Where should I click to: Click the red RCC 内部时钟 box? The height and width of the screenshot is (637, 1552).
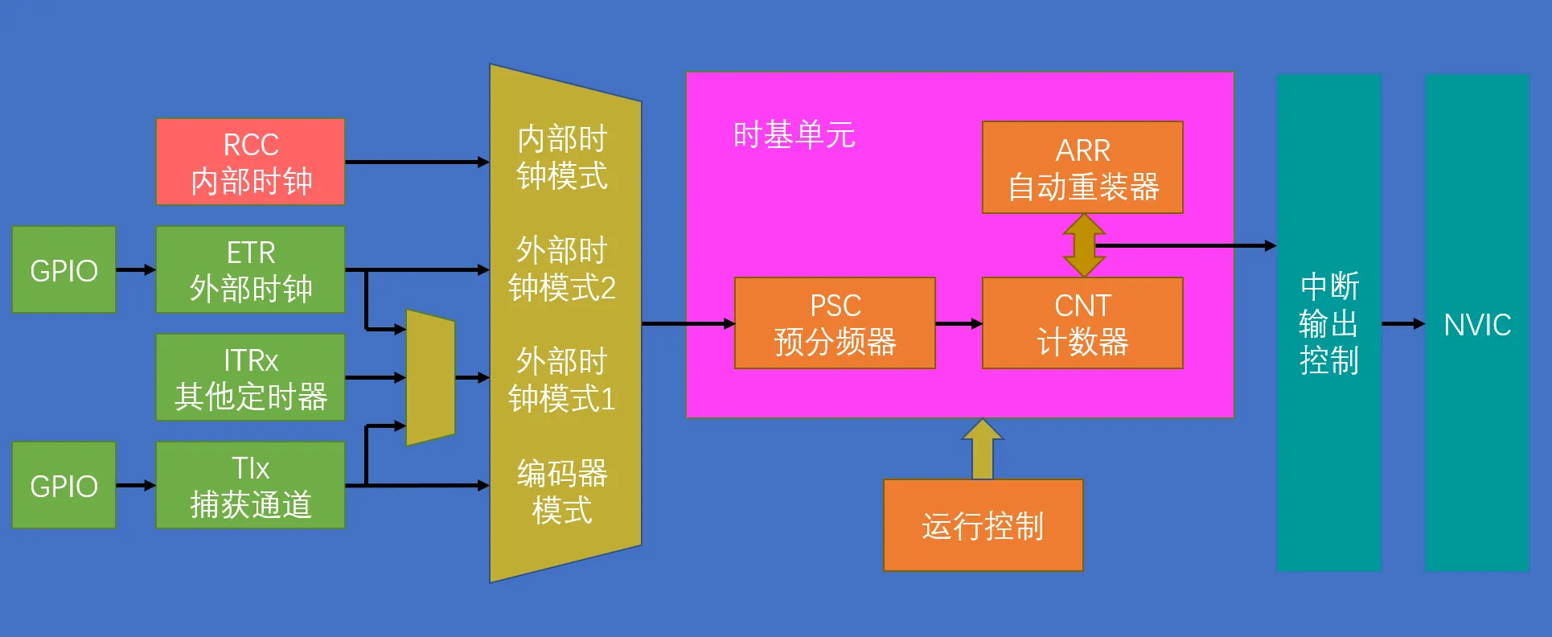click(x=250, y=162)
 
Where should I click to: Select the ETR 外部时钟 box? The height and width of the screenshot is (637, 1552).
click(x=250, y=269)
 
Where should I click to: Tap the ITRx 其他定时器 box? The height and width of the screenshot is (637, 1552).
click(x=250, y=377)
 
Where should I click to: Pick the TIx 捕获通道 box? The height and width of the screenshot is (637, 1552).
click(x=250, y=485)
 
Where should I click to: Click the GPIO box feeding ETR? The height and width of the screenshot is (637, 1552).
click(x=64, y=269)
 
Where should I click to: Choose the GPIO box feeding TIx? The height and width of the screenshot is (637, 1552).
click(x=64, y=485)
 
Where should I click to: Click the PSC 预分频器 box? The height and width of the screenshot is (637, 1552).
click(x=835, y=323)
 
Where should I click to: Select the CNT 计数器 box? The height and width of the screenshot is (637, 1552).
click(x=1082, y=323)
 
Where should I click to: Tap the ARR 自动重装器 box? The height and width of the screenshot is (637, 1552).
click(x=1082, y=167)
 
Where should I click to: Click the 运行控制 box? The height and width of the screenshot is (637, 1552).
click(x=983, y=525)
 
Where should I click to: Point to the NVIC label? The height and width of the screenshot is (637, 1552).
click(x=1477, y=325)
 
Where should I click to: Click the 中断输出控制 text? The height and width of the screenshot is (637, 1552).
click(x=1329, y=323)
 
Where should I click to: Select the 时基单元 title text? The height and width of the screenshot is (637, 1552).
click(x=794, y=135)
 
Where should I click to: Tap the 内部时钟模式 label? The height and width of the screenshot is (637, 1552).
click(x=562, y=157)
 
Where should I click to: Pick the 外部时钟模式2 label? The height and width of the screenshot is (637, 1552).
click(x=562, y=269)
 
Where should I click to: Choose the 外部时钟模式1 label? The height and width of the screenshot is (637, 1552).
click(x=562, y=380)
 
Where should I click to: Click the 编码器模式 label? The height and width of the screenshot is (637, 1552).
click(x=562, y=491)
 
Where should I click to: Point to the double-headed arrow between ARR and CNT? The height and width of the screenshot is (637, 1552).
click(x=1084, y=245)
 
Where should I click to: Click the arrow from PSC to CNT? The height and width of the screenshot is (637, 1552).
click(x=959, y=323)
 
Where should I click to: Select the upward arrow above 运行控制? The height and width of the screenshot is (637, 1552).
click(x=983, y=449)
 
